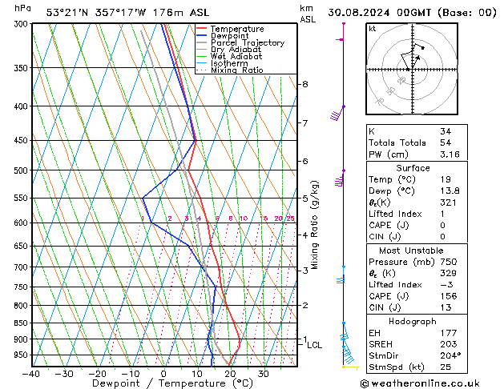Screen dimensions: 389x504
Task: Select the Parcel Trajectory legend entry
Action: click(247, 43)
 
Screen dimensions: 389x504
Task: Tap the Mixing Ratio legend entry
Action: click(236, 70)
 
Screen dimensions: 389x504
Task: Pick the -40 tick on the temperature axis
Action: click(31, 374)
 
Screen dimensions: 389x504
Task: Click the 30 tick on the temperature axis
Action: click(263, 374)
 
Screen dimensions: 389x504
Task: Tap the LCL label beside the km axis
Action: click(315, 345)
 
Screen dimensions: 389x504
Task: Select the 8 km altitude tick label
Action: click(305, 84)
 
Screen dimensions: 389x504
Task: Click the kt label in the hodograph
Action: click(373, 29)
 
